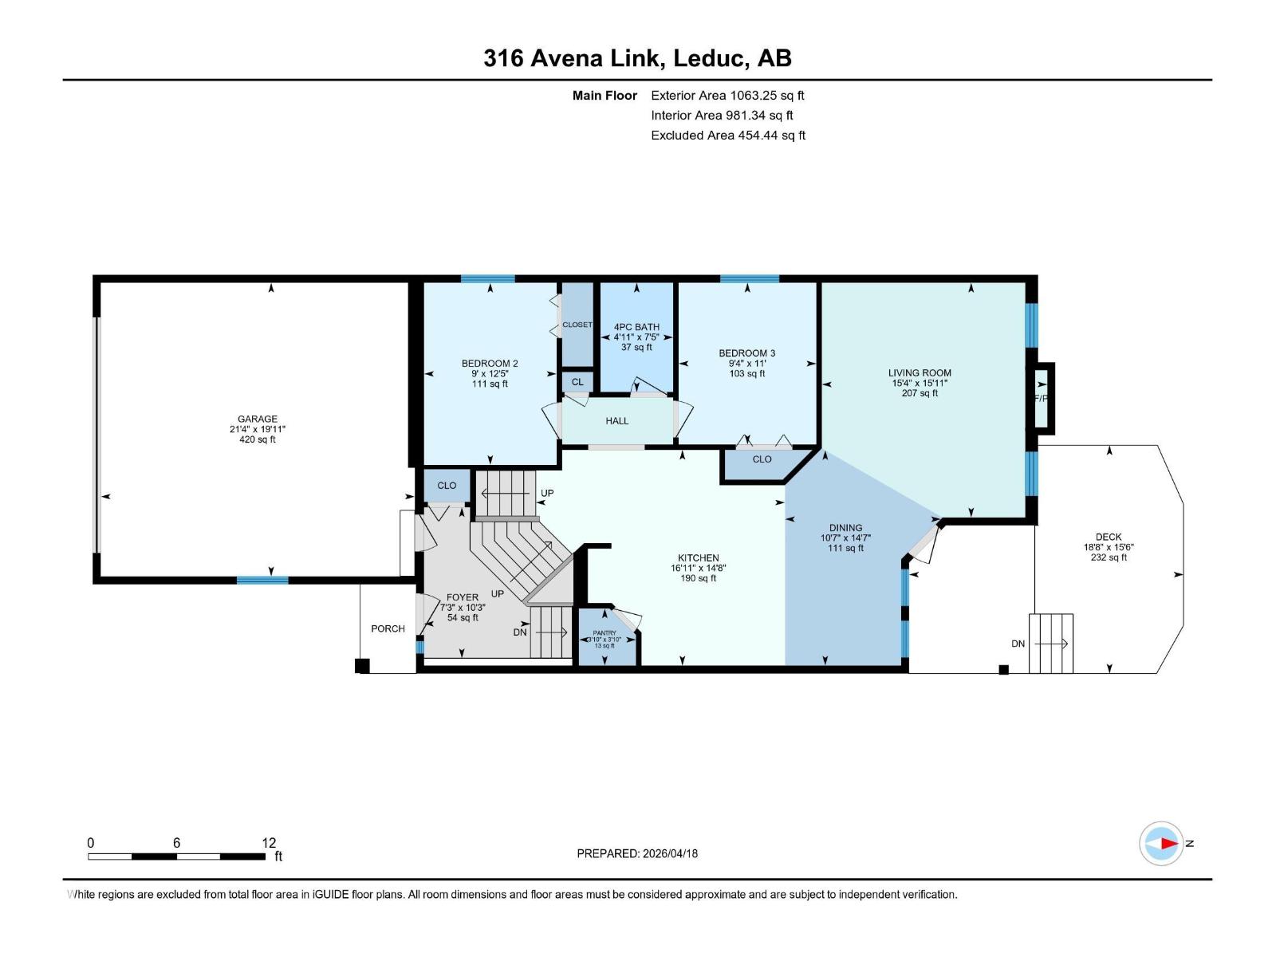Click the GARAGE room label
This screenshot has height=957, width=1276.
point(257,419)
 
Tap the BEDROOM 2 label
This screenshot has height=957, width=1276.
point(490,364)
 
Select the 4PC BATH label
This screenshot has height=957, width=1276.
point(636,327)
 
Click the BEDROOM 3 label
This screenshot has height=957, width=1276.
point(746,353)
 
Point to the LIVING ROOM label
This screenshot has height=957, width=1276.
point(920,372)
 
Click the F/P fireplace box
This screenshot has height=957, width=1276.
point(1042,398)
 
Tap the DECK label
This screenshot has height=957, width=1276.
point(1109,537)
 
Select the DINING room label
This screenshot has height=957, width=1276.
point(845,527)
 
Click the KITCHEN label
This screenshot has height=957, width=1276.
point(698,558)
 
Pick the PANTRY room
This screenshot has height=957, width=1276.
point(605,638)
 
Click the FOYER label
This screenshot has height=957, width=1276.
point(463,597)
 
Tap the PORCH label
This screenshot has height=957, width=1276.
point(388,628)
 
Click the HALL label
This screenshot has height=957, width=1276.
point(616,421)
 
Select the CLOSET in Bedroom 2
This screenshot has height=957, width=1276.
point(577,325)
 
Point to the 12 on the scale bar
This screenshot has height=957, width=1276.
point(269,843)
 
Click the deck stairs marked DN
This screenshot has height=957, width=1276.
point(1050,643)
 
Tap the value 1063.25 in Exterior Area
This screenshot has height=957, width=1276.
point(752,95)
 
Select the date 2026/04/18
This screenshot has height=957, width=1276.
point(669,853)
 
